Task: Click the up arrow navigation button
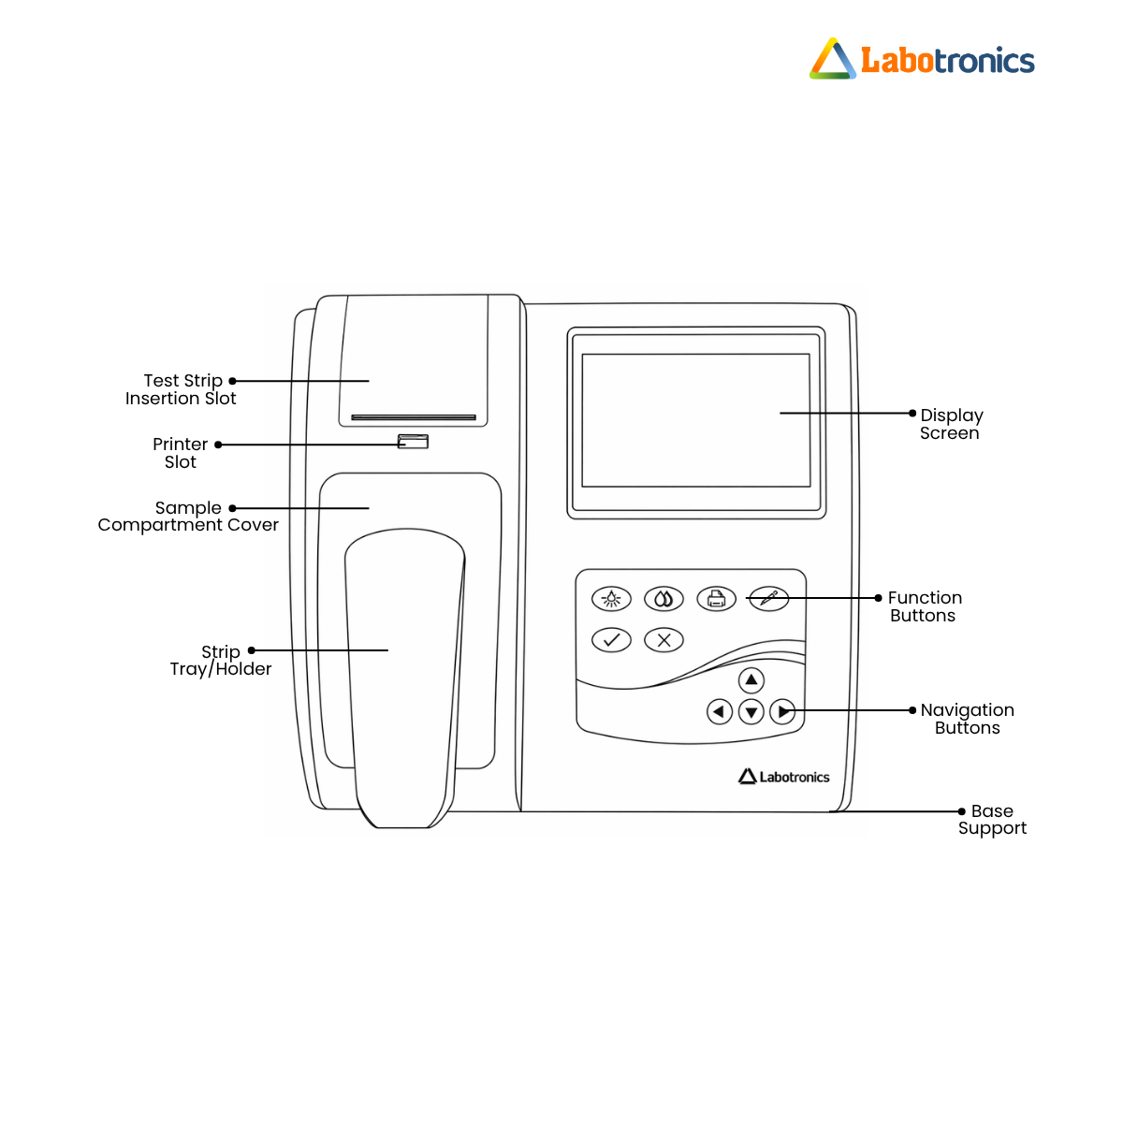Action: click(x=751, y=680)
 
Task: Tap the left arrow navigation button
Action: click(x=719, y=711)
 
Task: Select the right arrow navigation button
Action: click(x=782, y=711)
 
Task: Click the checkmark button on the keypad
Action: click(x=611, y=640)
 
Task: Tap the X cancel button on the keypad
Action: click(x=664, y=640)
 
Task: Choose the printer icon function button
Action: click(x=716, y=599)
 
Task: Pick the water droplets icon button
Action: click(x=664, y=599)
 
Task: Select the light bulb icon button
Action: click(x=611, y=599)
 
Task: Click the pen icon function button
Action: click(x=768, y=599)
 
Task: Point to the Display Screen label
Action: click(x=951, y=424)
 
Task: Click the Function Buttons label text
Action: click(x=925, y=606)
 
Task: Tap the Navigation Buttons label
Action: click(x=967, y=719)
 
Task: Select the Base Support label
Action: click(x=992, y=820)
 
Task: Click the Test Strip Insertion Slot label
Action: click(x=181, y=389)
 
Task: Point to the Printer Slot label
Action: click(x=180, y=453)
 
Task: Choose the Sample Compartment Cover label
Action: click(x=188, y=517)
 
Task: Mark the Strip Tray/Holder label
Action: click(x=220, y=661)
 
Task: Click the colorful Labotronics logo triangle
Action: click(x=832, y=59)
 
